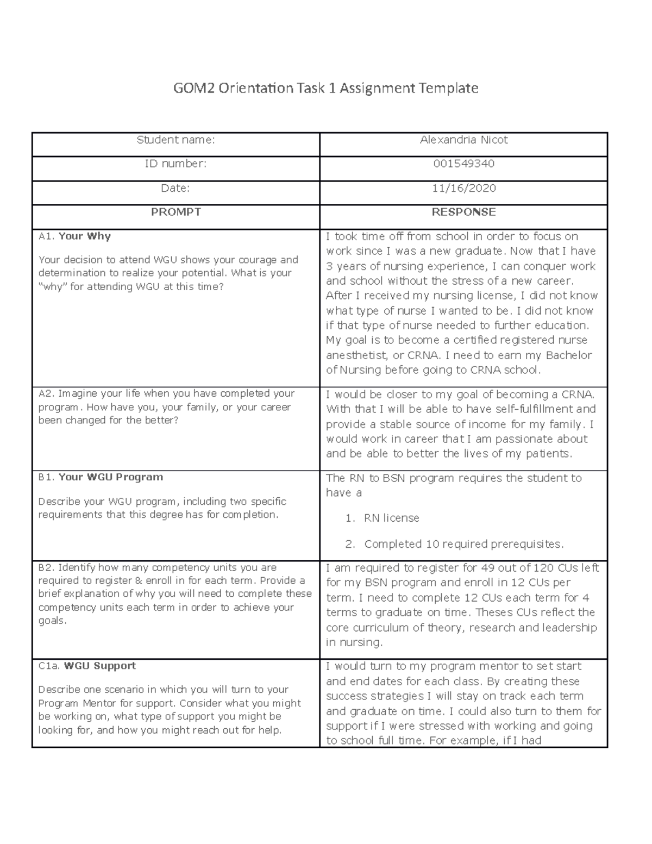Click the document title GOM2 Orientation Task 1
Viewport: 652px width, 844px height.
325,87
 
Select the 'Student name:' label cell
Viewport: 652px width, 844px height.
175,140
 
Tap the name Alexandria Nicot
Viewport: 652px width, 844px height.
463,140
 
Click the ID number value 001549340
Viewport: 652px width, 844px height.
463,164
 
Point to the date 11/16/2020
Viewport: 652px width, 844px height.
463,188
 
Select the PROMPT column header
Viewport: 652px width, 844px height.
175,212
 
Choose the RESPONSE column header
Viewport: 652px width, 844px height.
463,212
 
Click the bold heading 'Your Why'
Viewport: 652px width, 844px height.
84,236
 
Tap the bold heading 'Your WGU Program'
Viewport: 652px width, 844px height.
110,477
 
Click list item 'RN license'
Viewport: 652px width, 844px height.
391,518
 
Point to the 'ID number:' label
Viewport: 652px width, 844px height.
175,164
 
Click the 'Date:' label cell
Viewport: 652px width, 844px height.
175,188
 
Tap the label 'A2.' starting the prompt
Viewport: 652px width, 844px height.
46,393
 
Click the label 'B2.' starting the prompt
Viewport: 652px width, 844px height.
46,568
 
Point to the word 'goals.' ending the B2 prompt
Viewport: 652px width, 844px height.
52,621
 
